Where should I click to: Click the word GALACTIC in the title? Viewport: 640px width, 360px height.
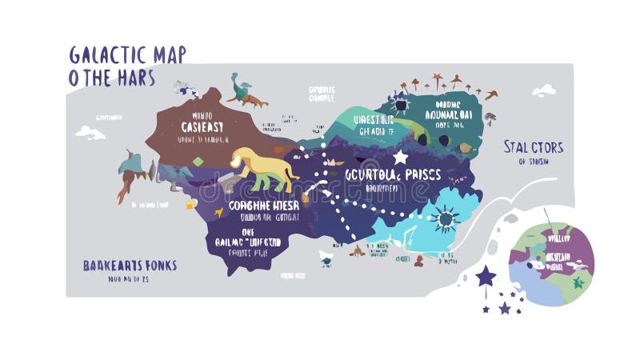click(x=107, y=54)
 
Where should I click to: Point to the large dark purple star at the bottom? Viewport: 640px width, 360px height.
click(x=485, y=277)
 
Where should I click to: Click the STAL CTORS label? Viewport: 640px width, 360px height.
click(x=533, y=147)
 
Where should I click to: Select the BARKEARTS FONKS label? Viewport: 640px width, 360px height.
click(x=130, y=265)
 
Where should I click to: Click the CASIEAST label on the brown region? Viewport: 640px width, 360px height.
click(x=202, y=126)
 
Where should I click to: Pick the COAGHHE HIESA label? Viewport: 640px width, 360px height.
click(x=263, y=205)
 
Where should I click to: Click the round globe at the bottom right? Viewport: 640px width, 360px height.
click(x=552, y=264)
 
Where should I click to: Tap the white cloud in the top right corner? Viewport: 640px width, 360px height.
click(x=543, y=90)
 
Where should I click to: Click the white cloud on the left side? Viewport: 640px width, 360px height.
click(x=90, y=132)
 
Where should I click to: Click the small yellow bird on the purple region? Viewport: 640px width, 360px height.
click(x=191, y=204)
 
